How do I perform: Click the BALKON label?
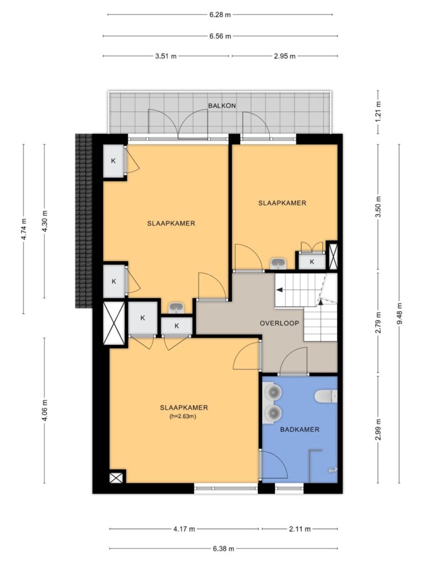(x=222, y=106)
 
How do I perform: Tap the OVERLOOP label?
(x=279, y=323)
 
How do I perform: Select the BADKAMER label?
(x=300, y=429)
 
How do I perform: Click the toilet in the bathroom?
(x=326, y=396)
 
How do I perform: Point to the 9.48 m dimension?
(x=399, y=313)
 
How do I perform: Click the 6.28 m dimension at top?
(x=220, y=15)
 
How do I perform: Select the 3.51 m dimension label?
(x=166, y=56)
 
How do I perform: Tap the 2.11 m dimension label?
(x=300, y=529)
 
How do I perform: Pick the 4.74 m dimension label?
(x=24, y=229)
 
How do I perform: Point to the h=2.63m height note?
(x=183, y=416)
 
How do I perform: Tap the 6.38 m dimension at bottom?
(x=224, y=549)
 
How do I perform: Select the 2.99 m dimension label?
(x=378, y=430)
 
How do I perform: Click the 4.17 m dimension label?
(x=184, y=529)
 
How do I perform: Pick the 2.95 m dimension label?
(x=285, y=56)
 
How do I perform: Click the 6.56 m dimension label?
(x=220, y=36)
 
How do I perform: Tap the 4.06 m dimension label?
(x=45, y=410)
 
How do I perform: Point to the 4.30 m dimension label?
(x=45, y=221)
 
